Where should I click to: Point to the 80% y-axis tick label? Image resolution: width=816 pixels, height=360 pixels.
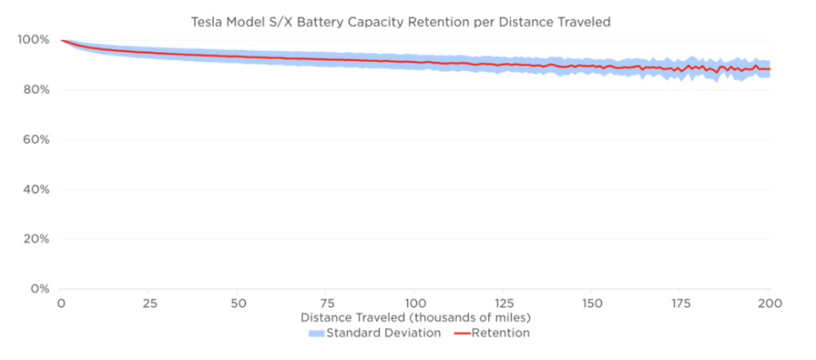33,89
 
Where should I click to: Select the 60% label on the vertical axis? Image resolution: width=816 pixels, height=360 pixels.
33,140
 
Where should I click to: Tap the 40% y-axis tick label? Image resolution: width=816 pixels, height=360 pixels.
33,189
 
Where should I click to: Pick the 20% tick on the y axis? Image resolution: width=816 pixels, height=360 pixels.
33,239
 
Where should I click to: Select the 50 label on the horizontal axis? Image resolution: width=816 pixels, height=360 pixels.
237,303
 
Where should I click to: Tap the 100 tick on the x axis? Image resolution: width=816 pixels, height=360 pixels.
415,303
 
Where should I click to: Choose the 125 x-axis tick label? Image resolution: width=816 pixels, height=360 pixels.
503,303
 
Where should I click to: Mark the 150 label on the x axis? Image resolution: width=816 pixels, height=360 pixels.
592,303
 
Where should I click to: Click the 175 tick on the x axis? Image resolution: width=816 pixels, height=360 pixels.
681,303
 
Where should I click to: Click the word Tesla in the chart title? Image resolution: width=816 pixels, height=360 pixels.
208,21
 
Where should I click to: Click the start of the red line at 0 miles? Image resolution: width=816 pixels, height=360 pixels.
62,40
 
